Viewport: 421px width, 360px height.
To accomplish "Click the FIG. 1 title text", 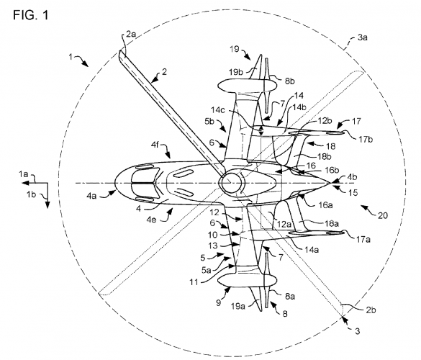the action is [x=31, y=15].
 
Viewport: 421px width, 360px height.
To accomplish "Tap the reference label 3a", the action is [x=362, y=37].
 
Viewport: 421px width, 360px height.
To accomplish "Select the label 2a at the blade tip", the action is [x=131, y=35].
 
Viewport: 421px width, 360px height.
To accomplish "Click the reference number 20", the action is [x=383, y=215].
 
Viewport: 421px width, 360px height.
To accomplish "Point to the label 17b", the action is [x=366, y=140].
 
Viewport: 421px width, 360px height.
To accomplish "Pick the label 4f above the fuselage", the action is [x=155, y=145].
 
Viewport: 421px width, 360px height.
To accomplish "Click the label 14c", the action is [x=218, y=110].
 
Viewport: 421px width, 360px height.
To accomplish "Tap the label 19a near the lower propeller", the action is [x=237, y=306].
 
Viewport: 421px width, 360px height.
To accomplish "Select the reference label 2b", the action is [x=371, y=310].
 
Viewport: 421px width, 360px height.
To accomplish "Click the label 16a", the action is [x=325, y=205].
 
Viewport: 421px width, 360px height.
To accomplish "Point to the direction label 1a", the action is [x=23, y=174].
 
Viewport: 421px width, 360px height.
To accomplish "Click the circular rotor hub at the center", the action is [x=231, y=183].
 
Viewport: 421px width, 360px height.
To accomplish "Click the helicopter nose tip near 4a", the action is [x=115, y=184].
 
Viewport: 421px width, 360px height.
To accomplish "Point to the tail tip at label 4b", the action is [x=330, y=183].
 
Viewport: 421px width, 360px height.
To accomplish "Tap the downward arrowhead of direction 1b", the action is [x=47, y=204].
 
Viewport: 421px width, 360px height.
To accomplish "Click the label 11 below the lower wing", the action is [x=194, y=282].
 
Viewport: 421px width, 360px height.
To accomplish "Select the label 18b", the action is [x=324, y=156].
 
